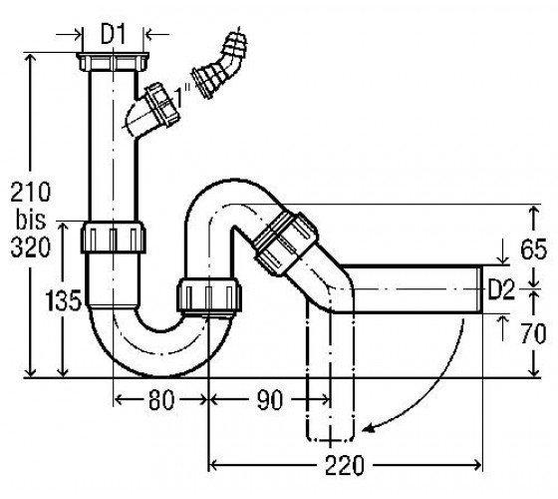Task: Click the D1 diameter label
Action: [114, 35]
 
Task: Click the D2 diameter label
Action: [501, 289]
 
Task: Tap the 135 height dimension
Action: [64, 300]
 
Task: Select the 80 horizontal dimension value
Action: [161, 400]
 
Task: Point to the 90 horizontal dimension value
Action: [269, 400]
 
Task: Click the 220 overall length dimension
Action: [345, 465]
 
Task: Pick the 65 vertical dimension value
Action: [533, 249]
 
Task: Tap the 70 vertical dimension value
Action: [533, 334]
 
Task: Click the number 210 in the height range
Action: [31, 192]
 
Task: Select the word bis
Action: [31, 220]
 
